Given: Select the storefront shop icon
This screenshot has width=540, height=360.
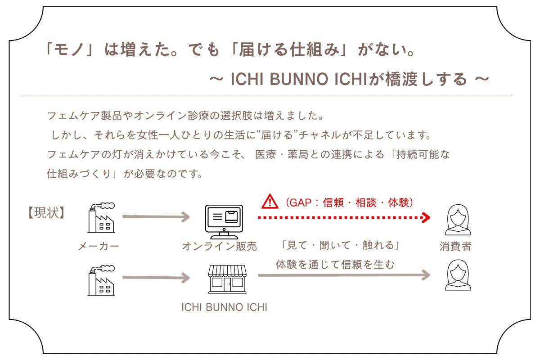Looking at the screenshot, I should (227, 278).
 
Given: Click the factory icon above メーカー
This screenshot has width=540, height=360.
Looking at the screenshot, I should (101, 218).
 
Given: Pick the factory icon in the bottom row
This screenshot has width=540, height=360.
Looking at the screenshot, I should (101, 280).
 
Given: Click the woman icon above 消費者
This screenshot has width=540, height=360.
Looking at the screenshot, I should (458, 220).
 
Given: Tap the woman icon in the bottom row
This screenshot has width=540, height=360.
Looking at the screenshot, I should (458, 275).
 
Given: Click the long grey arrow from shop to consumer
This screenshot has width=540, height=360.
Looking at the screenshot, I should (344, 275).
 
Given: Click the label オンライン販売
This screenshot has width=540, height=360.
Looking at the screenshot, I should (219, 246).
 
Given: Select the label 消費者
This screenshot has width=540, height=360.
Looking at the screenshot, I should (455, 246).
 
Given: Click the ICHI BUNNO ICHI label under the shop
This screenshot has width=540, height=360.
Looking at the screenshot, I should (224, 308).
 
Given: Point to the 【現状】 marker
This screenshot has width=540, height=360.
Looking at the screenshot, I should (46, 212).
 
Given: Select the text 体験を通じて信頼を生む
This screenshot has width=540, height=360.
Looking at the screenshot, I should (335, 265).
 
